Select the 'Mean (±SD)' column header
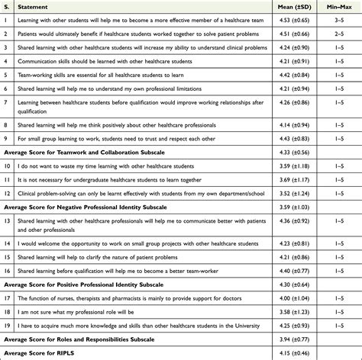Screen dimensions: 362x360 (275, 5)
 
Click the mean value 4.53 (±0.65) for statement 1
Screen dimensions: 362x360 (276, 19)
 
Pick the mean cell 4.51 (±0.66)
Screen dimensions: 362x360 (276, 34)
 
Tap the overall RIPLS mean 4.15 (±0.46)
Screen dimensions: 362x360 (276, 353)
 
